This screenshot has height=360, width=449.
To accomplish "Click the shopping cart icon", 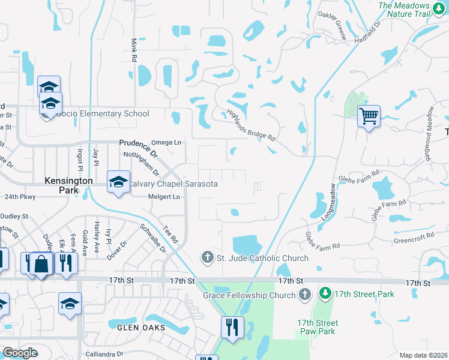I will [369, 115].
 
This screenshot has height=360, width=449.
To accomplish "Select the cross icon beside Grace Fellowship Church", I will [305, 295].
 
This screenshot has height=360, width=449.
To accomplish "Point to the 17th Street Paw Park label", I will [318, 327].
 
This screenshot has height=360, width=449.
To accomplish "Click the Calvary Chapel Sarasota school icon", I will [118, 182].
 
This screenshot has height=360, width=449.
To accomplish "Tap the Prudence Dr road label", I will [137, 149].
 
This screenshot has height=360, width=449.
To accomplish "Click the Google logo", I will [20, 353].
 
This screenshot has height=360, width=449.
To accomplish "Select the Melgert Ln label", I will [164, 197].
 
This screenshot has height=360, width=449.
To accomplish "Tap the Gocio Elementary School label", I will [102, 113].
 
